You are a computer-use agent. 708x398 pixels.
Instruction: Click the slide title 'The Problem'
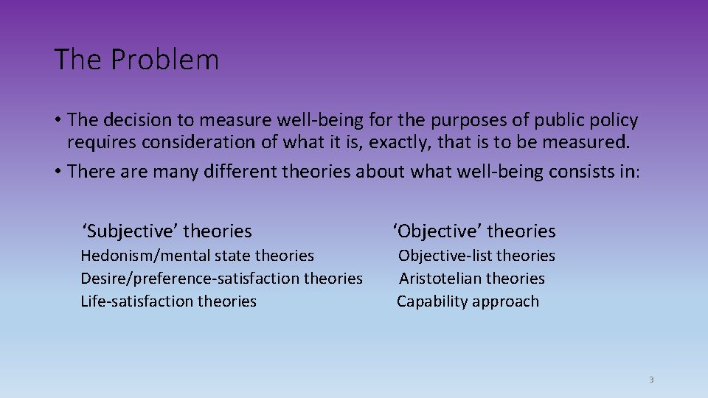136,60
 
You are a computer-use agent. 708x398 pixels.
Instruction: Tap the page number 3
651,380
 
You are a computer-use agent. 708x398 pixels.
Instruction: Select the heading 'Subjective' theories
167,231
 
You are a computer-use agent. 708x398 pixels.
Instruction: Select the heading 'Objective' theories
474,231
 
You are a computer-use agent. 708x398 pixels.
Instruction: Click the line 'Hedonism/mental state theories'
197,256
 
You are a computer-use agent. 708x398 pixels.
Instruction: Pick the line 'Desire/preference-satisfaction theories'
221,279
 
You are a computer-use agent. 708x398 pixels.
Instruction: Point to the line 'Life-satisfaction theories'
168,301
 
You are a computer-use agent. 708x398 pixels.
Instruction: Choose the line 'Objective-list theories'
476,256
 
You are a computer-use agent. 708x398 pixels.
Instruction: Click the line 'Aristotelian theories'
472,279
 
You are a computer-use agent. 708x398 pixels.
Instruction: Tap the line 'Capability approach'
468,301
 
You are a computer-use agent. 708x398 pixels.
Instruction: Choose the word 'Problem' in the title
165,60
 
